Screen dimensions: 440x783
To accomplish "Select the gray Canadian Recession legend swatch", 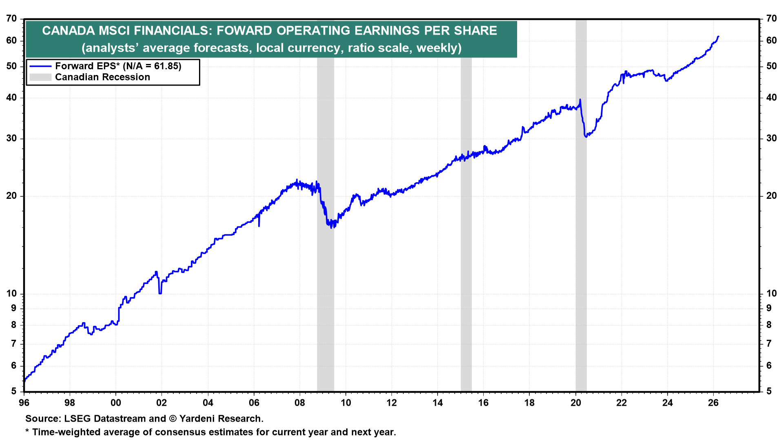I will tap(40, 77).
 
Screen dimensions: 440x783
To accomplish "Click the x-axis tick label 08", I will tap(300, 403).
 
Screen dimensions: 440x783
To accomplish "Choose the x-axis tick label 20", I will tap(575, 403).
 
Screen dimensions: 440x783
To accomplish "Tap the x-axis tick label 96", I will tap(24, 403).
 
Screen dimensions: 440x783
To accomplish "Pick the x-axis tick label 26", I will tap(713, 403).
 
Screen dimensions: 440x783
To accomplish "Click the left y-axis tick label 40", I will tap(12, 97).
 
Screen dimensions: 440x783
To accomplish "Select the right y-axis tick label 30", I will tap(771, 138).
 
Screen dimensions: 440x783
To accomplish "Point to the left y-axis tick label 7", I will tap(14, 343).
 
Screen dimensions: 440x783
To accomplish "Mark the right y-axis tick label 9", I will tap(769, 308).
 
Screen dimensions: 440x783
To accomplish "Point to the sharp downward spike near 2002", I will tap(160, 293).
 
